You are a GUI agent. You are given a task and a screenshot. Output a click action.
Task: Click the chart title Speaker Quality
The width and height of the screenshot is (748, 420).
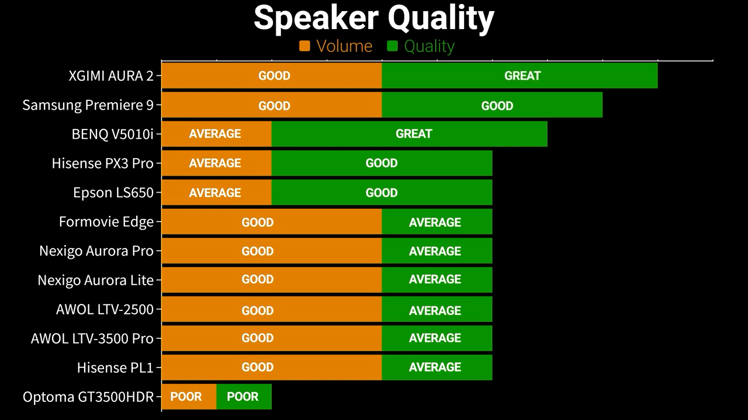[x=373, y=19]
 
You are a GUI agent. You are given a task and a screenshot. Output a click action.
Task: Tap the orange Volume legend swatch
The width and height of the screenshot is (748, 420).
[x=304, y=46]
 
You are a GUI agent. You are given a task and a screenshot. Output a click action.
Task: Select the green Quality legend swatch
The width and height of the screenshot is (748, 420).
[x=392, y=46]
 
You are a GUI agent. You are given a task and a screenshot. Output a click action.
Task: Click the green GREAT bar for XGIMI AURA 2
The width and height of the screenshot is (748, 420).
[x=520, y=76]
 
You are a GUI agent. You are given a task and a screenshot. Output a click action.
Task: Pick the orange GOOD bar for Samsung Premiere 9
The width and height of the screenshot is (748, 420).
[x=272, y=105]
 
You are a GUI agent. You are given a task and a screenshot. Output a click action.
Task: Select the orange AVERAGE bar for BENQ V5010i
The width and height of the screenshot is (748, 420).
[x=217, y=134]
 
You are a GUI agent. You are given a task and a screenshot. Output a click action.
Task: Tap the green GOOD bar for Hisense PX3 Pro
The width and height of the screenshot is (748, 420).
[x=382, y=163]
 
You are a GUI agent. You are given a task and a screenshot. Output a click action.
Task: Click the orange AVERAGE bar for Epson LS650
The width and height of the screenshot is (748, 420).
[x=217, y=192]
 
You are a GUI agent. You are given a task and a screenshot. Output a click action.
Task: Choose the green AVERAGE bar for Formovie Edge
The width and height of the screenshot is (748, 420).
[x=437, y=222]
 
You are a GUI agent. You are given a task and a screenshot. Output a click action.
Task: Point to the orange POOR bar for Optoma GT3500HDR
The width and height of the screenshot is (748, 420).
[x=189, y=397]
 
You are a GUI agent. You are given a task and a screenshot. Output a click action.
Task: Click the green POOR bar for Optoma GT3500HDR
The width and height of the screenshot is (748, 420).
[x=244, y=397]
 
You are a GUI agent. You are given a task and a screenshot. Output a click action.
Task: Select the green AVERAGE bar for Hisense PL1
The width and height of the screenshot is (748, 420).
[x=437, y=367]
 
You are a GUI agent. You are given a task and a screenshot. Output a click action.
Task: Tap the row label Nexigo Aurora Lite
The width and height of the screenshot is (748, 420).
[x=95, y=281]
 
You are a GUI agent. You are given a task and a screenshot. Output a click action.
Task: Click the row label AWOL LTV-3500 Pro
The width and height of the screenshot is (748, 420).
[x=92, y=338]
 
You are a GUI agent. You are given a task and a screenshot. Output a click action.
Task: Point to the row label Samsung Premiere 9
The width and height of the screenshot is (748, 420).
[x=88, y=105]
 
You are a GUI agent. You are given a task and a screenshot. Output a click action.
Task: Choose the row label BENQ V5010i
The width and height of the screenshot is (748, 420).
[x=113, y=134]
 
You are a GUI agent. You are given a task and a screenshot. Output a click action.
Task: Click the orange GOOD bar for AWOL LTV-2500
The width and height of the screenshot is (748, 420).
[x=272, y=309]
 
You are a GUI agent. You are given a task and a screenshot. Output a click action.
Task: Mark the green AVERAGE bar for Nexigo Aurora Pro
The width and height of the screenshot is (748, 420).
[x=437, y=251]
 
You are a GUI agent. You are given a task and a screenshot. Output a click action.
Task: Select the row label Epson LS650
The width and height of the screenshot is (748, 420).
[x=113, y=192]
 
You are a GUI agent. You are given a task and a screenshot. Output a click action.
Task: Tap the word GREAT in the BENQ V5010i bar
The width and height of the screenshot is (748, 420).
[x=414, y=134]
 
